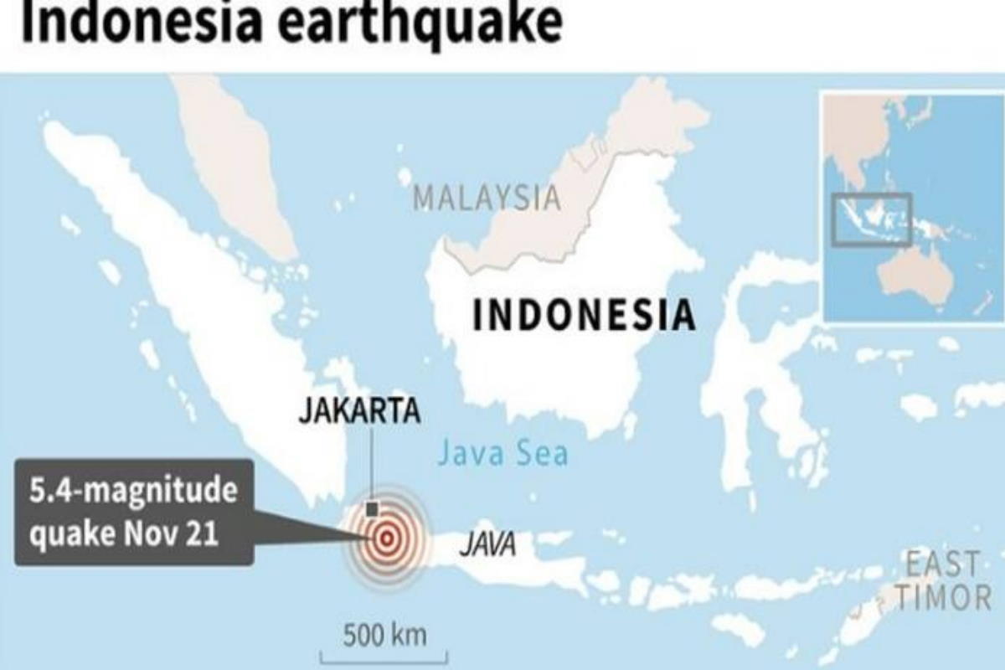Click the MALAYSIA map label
coord(487,198)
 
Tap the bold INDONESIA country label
coord(584,315)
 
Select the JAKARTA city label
coord(359,412)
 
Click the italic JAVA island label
coord(487,547)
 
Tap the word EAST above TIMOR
coord(942,563)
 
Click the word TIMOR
coord(942,597)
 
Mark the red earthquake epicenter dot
coord(386,539)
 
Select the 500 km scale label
coord(384,634)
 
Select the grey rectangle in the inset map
coord(871,219)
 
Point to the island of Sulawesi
coord(754,368)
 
